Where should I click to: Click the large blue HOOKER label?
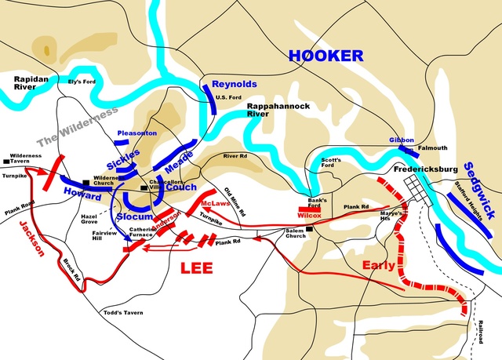click(x=326, y=56)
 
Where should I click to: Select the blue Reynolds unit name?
click(x=235, y=84)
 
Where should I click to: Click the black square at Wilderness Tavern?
click(x=6, y=162)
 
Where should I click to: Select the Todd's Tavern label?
click(x=123, y=312)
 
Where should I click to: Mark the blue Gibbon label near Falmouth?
click(x=401, y=140)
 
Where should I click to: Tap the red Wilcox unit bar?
click(x=307, y=210)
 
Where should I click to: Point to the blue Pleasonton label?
click(x=136, y=134)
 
